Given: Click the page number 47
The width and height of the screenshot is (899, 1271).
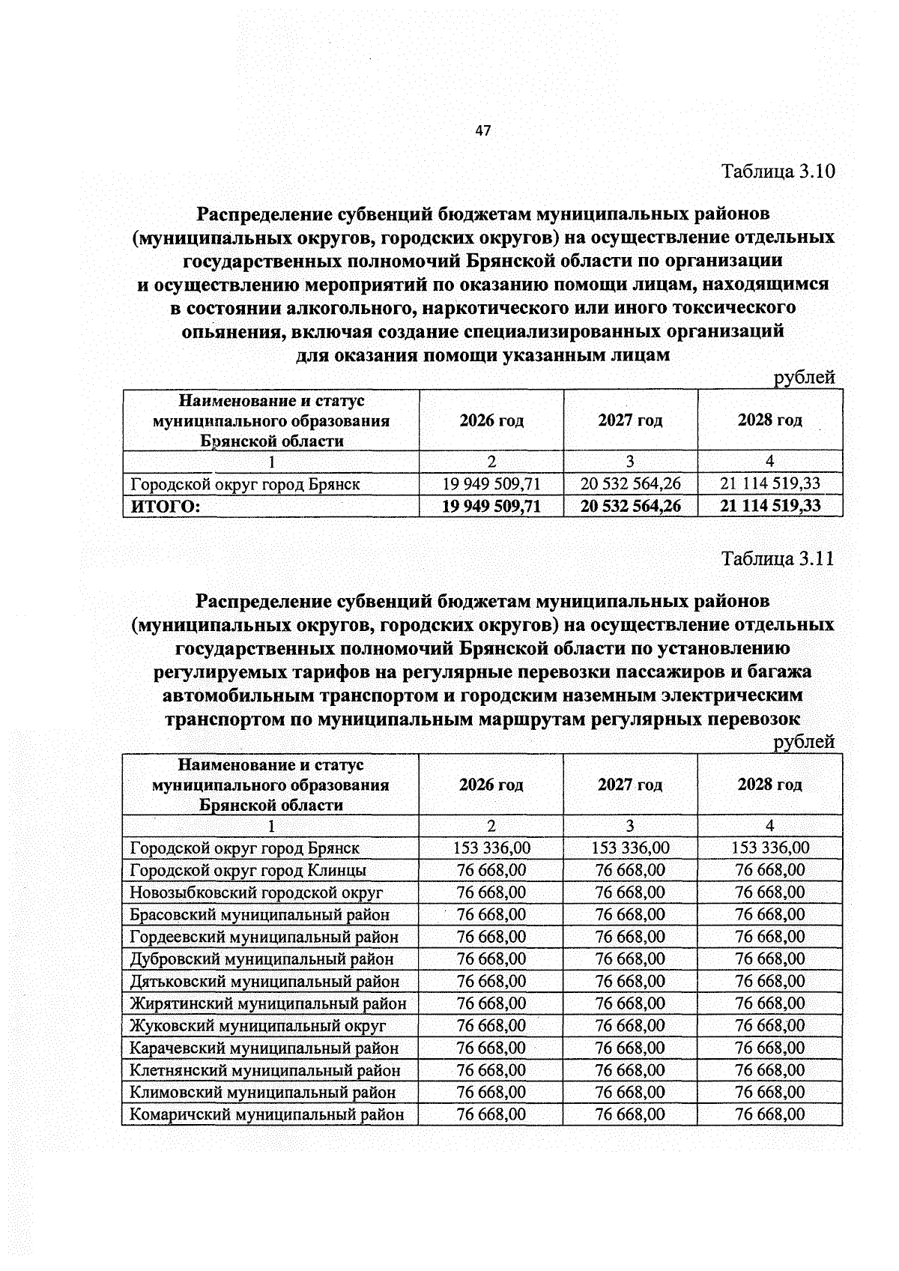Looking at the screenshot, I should tap(482, 131).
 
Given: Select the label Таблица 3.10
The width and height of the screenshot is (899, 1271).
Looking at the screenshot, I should tap(778, 172).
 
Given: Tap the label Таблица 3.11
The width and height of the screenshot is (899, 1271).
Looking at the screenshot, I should tap(778, 558).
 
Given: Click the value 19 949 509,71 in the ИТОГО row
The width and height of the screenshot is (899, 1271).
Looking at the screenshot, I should tap(491, 506).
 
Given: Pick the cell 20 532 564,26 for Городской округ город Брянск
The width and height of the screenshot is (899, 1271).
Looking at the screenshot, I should tap(630, 484).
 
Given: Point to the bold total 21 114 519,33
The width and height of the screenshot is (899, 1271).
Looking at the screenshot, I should tap(769, 506).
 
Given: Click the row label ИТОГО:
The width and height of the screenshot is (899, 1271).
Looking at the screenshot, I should tap(166, 507).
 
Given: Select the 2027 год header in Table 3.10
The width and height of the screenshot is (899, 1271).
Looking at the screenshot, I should tap(630, 420).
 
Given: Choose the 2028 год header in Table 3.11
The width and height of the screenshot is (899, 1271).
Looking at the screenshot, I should tap(769, 785).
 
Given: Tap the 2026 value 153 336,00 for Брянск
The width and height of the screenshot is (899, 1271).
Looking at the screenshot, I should tap(491, 848).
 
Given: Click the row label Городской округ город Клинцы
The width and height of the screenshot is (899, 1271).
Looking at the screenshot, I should tap(247, 870).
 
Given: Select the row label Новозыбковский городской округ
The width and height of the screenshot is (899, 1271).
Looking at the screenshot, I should tap(255, 893).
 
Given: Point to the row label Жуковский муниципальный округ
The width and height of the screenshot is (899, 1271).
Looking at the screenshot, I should tap(257, 1025).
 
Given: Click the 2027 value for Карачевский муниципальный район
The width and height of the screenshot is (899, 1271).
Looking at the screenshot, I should tap(630, 1048).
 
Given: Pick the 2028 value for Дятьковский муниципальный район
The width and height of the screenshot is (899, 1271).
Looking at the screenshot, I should tap(769, 981).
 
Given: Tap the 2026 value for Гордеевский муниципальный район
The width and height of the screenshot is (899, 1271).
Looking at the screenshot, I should tap(491, 937).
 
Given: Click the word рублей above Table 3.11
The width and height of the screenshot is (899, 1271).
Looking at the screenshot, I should tap(803, 742).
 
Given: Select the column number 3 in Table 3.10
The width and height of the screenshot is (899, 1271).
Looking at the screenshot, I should tap(630, 462).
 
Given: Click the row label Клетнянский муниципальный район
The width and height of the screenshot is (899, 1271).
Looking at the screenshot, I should tap(264, 1070).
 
